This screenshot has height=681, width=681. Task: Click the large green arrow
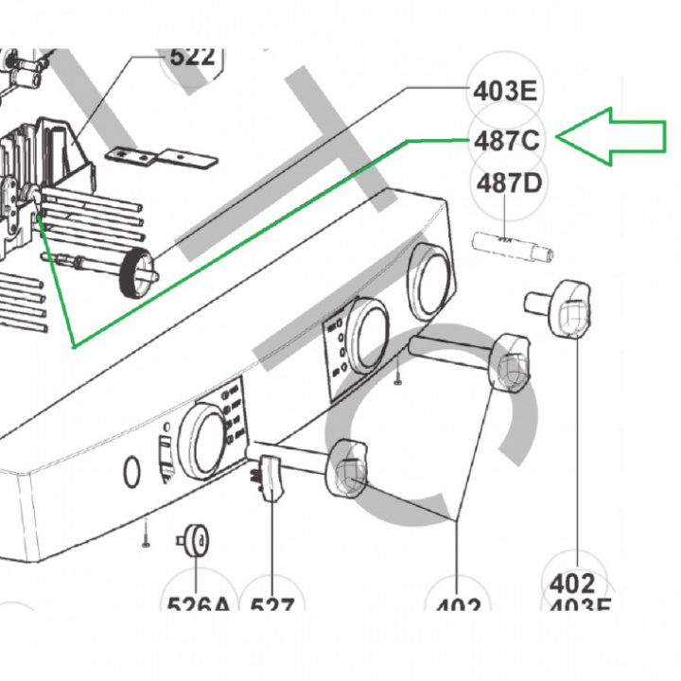[615, 139]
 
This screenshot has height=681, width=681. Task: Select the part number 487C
[506, 141]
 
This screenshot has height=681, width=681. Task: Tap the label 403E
[504, 92]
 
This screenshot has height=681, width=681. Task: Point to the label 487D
[509, 183]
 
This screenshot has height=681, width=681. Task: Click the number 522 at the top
[192, 55]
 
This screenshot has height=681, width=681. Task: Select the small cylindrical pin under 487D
[511, 247]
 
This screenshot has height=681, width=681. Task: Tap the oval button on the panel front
[132, 470]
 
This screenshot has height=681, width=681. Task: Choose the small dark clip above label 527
[271, 473]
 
